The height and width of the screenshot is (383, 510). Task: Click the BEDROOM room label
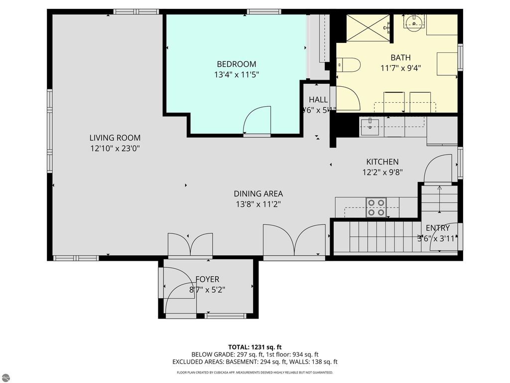236,64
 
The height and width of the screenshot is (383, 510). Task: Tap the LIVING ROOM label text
115,138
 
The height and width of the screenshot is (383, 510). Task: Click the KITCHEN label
382,162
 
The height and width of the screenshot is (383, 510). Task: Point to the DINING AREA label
258,193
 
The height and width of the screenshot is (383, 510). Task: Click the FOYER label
207,279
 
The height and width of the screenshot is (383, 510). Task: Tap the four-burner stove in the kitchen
376,207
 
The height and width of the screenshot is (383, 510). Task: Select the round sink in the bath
413,21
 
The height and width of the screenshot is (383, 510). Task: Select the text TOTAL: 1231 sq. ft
255,347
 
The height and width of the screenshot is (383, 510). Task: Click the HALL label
318,100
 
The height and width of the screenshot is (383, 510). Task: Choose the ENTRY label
437,228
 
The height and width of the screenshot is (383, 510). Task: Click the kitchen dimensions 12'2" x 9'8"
382,172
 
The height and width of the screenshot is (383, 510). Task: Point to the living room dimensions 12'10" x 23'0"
115,148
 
